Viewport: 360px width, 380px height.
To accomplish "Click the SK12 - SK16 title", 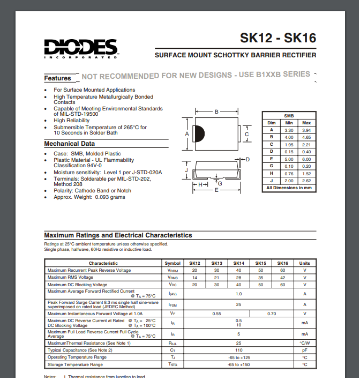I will pos(277,39).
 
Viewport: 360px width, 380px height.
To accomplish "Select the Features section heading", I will pos(57,78).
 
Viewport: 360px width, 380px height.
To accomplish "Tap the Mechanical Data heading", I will pos(69,144).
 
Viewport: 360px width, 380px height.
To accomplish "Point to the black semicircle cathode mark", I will pos(197,133).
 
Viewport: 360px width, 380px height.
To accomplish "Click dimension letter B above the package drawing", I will pos(216,112).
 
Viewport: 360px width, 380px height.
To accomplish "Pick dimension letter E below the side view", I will pos(216,190).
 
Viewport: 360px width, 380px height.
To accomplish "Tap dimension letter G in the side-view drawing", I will pos(220,183).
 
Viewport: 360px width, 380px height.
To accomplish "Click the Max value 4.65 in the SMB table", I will pos(306,137).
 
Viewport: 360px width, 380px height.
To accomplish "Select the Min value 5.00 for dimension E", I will pos(289,159).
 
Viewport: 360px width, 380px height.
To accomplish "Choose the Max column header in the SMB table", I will pos(306,123).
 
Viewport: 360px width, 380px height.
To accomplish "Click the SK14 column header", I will pos(238,263).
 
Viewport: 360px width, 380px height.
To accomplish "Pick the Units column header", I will pos(304,263).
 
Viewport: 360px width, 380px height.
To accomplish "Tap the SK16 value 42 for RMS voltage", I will pos(282,277).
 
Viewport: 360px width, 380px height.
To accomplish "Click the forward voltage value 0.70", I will pos(272,313).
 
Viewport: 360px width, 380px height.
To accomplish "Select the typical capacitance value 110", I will pos(238,350).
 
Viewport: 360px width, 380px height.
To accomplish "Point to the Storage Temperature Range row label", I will pos(75,364).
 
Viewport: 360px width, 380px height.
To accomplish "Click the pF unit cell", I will pos(304,350).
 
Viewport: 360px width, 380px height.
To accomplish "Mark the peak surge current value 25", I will pos(238,304).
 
